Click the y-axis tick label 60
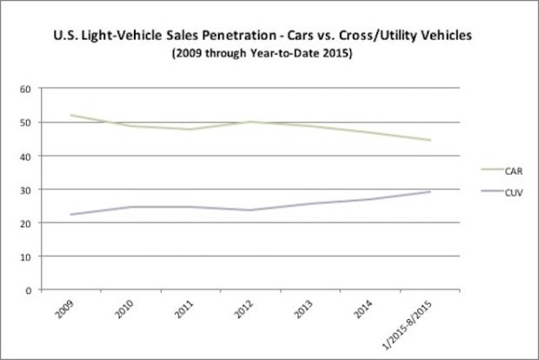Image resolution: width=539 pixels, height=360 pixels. [26, 89]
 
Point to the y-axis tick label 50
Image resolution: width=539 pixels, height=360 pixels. [26, 123]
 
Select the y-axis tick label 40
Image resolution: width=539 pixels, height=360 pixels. [26, 157]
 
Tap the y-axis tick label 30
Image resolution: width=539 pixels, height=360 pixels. [26, 190]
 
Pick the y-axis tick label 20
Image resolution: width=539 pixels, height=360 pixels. [26, 223]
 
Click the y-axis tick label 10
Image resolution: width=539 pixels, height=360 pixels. [26, 257]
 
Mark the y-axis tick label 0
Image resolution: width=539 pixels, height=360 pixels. [29, 290]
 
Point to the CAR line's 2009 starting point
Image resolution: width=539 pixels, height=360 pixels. [71, 116]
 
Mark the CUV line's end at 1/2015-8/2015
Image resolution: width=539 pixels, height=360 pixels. [430, 191]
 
